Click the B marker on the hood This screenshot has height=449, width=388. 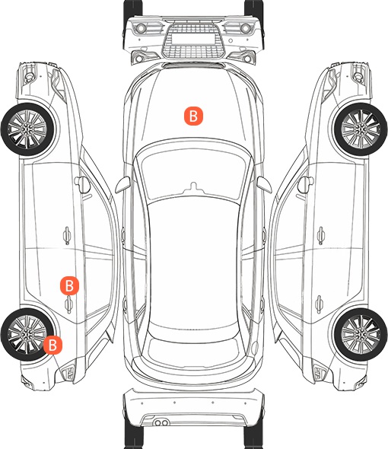coord(193,116)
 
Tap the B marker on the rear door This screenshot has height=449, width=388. coord(69,285)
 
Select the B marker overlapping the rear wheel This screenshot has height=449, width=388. coord(52,345)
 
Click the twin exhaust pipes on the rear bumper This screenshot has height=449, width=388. coord(161,422)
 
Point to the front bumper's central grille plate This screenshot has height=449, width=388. coord(193,38)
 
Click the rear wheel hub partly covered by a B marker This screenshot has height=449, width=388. coord(27,334)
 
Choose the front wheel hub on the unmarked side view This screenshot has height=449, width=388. coord(361,129)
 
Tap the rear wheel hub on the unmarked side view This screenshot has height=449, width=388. coord(361,334)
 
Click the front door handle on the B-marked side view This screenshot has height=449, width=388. coord(67,235)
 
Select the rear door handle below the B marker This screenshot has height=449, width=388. coord(68,304)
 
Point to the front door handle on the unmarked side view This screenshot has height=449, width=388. coord(321,235)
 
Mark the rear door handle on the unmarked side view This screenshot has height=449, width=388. coord(320,304)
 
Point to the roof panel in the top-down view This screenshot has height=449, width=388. coord(193,263)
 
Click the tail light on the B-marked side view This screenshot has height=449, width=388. coord(68,373)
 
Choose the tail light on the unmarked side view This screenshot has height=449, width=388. coord(320,373)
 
